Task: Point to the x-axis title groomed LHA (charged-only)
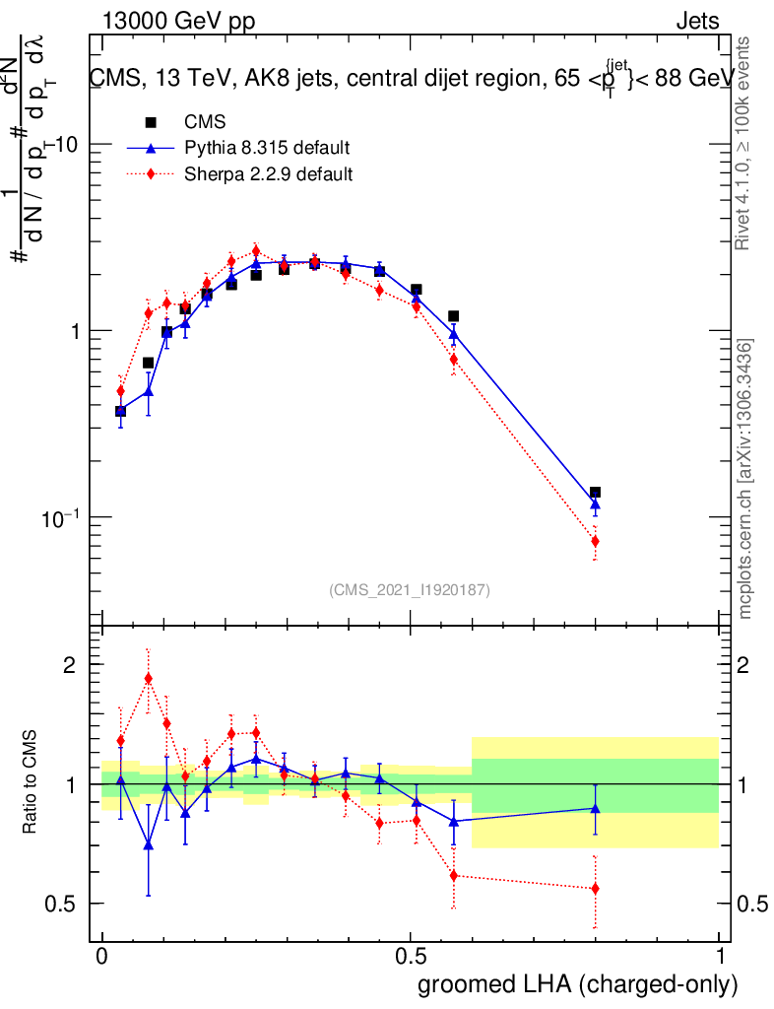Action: pyautogui.click(x=578, y=983)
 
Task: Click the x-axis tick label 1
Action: pyautogui.click(x=720, y=957)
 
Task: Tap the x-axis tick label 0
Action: pyautogui.click(x=101, y=957)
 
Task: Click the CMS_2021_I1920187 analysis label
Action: pyautogui.click(x=410, y=590)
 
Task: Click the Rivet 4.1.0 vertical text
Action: pyautogui.click(x=746, y=143)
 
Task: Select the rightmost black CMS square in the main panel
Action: pyautogui.click(x=595, y=492)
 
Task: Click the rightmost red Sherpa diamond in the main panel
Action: pyautogui.click(x=595, y=541)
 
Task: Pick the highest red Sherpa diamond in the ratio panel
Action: pyautogui.click(x=149, y=678)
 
